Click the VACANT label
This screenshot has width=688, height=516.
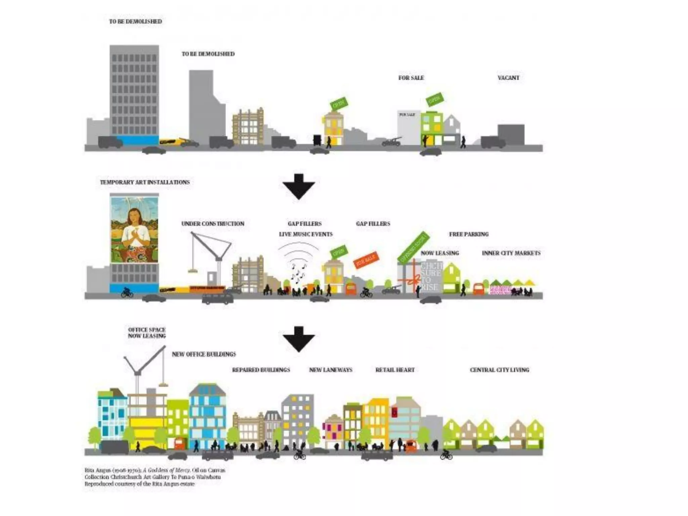(x=508, y=78)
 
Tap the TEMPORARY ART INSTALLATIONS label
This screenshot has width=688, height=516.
(x=145, y=182)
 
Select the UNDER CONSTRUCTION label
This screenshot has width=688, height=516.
(x=213, y=224)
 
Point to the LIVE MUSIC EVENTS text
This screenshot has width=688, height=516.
(x=306, y=234)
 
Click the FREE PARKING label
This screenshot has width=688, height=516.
(x=469, y=234)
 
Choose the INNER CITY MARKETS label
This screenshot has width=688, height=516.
(x=511, y=253)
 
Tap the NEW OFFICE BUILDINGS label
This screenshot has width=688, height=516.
(x=204, y=354)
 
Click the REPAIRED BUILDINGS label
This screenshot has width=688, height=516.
(x=261, y=370)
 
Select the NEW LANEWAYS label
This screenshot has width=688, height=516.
(x=331, y=370)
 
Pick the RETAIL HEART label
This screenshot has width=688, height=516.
(x=395, y=370)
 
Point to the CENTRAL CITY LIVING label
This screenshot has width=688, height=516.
(x=499, y=370)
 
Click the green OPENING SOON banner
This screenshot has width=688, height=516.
(x=413, y=247)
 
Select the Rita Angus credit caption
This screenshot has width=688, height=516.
(x=155, y=477)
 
